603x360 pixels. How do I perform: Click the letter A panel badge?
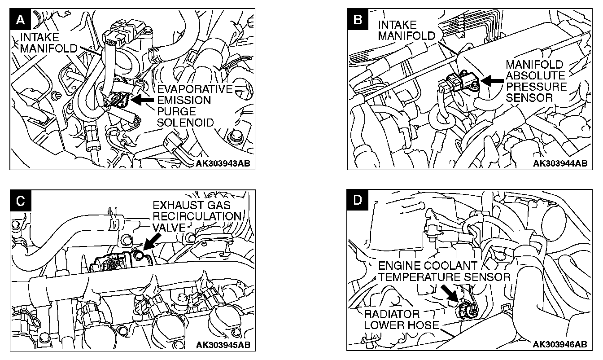(x=19, y=20)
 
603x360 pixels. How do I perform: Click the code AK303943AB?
(x=223, y=163)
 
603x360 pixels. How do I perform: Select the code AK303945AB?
(x=223, y=345)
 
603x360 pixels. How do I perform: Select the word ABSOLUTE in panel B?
(x=534, y=75)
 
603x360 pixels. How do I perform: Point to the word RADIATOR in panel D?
(x=392, y=313)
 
